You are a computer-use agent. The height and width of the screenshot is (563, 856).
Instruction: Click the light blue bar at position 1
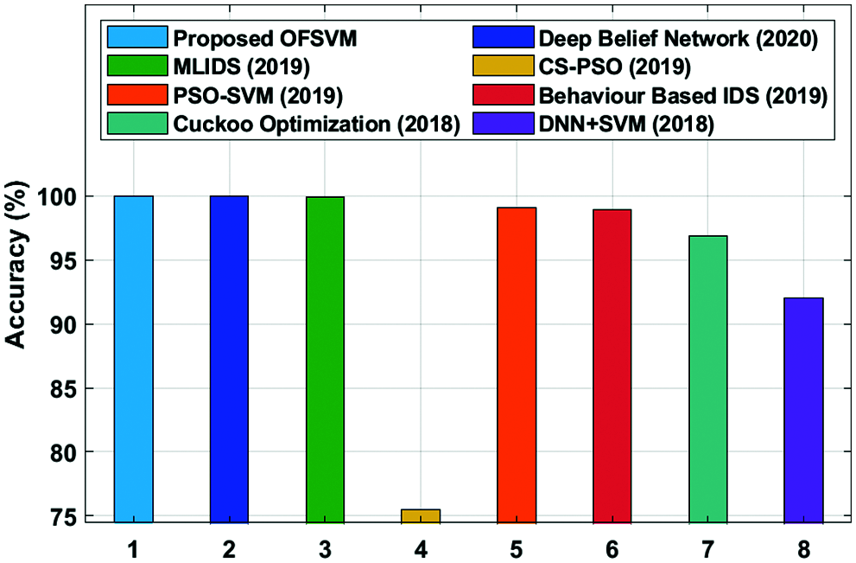point(133,359)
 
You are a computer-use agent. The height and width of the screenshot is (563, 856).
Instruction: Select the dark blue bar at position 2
point(229,359)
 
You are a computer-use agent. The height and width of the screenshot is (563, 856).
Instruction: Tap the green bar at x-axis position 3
point(325,359)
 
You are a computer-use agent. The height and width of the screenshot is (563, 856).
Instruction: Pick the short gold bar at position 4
point(421,516)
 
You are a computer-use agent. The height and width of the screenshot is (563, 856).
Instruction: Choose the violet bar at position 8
point(803,410)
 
